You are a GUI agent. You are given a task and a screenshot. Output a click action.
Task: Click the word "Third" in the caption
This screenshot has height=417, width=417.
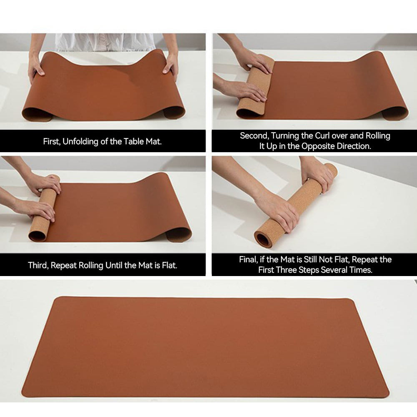click(38, 265)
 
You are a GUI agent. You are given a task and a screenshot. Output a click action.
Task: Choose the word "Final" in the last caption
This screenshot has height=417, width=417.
click(248, 259)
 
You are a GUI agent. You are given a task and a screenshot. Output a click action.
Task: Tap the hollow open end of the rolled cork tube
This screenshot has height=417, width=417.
click(263, 240)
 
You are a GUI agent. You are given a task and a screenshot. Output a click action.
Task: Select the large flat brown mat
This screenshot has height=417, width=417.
click(204, 346)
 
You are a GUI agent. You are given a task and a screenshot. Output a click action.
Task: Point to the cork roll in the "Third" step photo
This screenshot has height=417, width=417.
click(43, 208)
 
